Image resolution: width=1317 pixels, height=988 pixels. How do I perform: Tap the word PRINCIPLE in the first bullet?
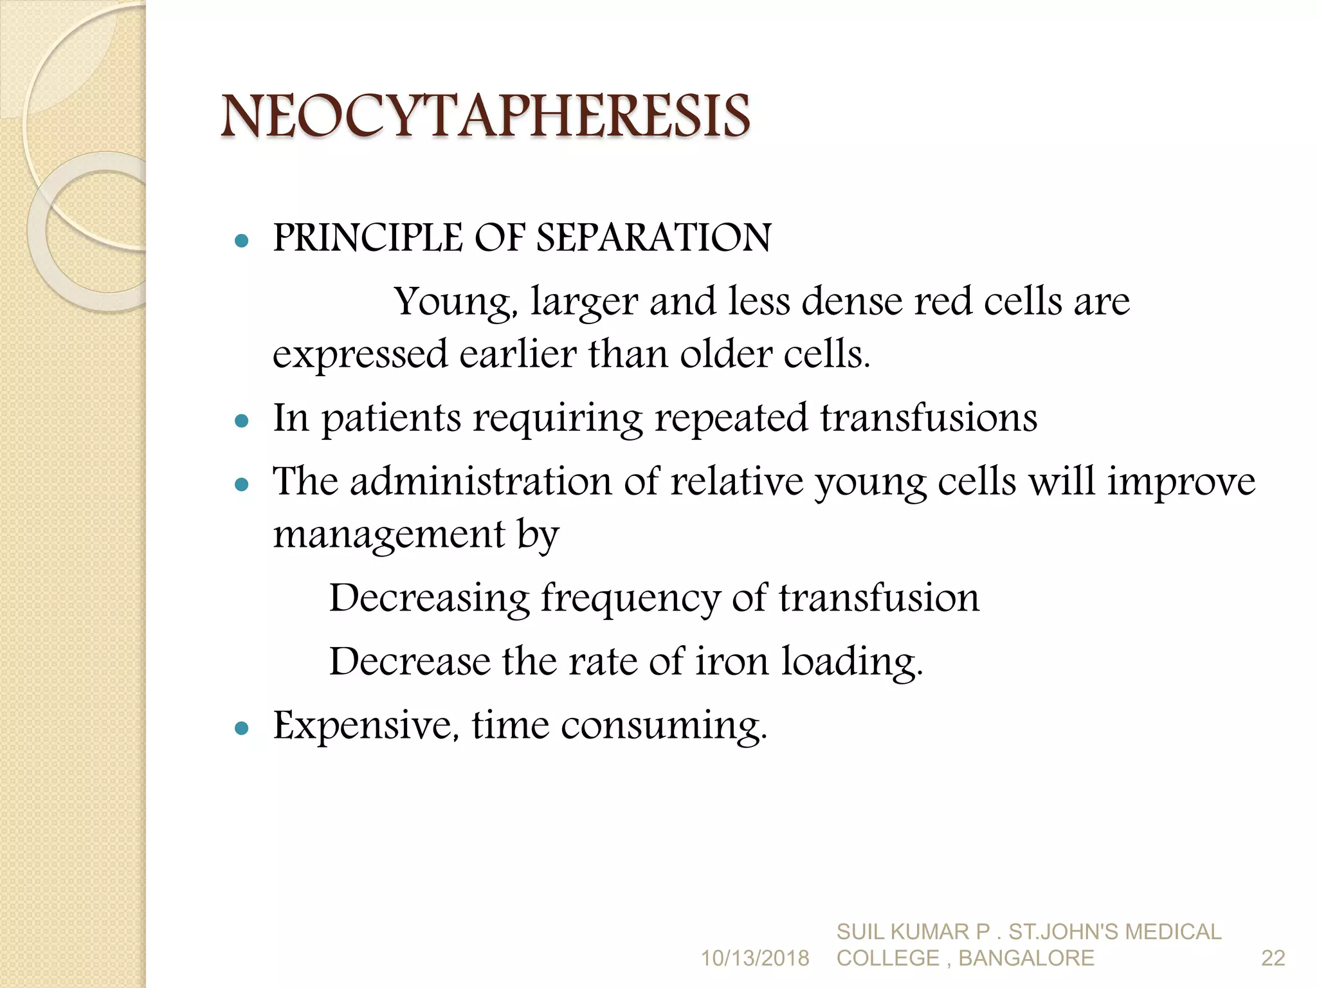[367, 238]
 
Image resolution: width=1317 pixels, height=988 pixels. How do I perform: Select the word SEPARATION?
[653, 238]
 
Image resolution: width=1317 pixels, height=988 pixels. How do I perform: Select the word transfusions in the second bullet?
[928, 418]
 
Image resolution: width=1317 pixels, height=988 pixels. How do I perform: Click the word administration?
[480, 481]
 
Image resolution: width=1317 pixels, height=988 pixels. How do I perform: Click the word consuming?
[664, 727]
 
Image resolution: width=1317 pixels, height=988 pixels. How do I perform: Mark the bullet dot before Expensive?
[242, 728]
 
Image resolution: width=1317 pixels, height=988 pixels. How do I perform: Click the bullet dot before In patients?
[242, 421]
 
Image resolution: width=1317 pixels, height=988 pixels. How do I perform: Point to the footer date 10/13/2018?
[754, 958]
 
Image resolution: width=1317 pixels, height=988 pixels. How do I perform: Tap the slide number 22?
[1273, 958]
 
